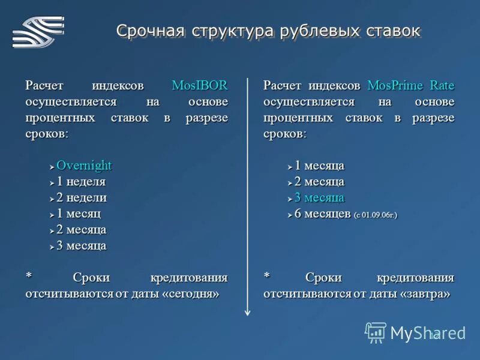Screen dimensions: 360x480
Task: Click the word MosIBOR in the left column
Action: [199, 85]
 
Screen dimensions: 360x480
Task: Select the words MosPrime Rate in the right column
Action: [410, 85]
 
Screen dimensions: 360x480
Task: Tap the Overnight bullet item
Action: [84, 166]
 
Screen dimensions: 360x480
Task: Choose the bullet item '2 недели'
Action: [82, 197]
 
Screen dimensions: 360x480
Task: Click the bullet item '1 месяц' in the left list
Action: [79, 214]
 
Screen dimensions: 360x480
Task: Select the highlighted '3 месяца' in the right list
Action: [319, 197]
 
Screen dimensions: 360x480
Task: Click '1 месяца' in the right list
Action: [319, 166]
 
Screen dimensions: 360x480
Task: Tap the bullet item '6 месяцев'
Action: [322, 214]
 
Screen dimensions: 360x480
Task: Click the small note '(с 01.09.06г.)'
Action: [376, 215]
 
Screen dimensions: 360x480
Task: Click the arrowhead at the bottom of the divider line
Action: [247, 312]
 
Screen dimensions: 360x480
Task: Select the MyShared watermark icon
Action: [376, 332]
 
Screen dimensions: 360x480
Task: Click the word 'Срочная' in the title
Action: [151, 31]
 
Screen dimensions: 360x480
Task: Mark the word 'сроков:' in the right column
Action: [284, 134]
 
